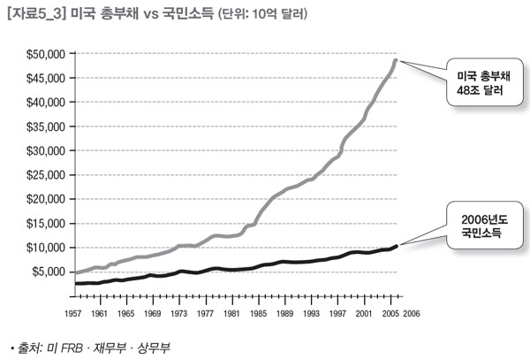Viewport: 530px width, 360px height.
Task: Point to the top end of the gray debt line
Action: pos(396,61)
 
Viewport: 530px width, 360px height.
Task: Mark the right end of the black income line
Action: pos(397,246)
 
